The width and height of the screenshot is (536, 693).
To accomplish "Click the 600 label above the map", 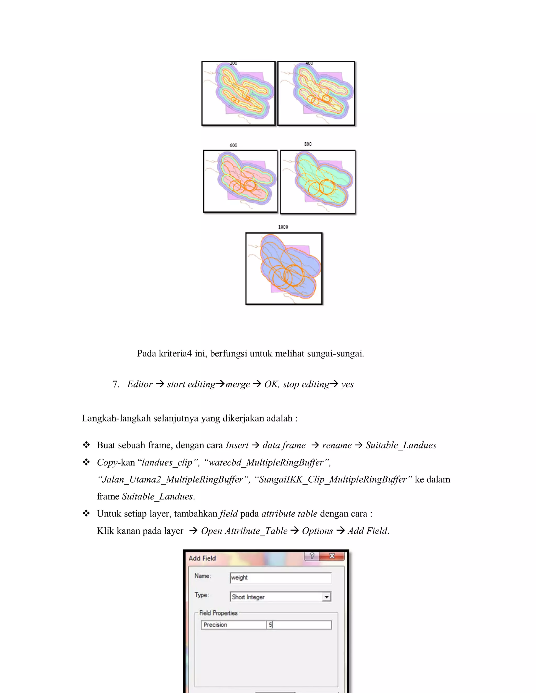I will [x=233, y=145].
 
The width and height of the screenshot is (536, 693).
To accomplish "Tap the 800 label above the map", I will [x=308, y=144].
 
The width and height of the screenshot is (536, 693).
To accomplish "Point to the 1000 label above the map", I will [x=283, y=227].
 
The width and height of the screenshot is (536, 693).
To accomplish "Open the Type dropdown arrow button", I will [x=326, y=597].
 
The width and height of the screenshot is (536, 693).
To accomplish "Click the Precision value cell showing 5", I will [x=298, y=625].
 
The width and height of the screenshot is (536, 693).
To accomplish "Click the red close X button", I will [x=332, y=556].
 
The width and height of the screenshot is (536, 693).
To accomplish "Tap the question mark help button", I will [x=312, y=556].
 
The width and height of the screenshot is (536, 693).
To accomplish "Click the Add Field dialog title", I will [x=202, y=558].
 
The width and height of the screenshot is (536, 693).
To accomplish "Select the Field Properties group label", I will [x=219, y=613].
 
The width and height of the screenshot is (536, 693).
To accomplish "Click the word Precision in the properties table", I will [x=215, y=625].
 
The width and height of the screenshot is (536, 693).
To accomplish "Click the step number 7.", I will [x=116, y=384].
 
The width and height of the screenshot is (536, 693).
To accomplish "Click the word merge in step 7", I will [x=238, y=384].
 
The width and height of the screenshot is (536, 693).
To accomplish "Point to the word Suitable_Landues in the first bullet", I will [x=401, y=445].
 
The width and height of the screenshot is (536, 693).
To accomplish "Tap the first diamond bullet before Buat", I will [x=86, y=445].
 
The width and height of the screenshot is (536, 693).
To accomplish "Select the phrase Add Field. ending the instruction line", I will [x=368, y=531].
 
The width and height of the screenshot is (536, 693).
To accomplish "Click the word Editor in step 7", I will [x=140, y=384].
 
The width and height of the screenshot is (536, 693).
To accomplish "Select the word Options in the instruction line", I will [x=317, y=531].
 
